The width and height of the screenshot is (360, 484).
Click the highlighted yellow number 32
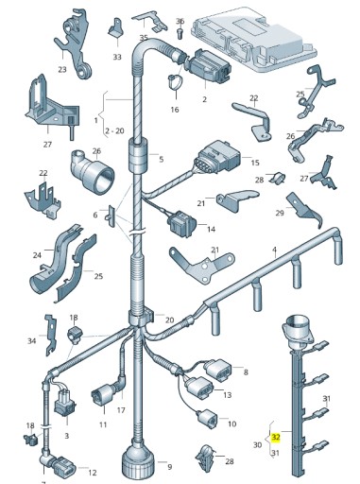pos(276,437)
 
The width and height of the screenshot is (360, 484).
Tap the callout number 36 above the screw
pos(180,22)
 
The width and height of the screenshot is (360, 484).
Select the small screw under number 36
pos(180,33)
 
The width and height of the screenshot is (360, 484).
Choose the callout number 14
pos(211,229)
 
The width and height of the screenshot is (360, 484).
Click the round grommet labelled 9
pos(138,460)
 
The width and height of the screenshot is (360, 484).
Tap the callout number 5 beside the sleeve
pos(162,160)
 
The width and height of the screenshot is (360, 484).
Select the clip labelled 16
pos(175,81)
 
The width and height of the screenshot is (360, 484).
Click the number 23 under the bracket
pos(62,69)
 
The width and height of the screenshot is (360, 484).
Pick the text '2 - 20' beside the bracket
pos(114,130)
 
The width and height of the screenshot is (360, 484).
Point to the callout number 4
pos(274,250)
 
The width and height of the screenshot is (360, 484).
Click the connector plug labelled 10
pos(207,418)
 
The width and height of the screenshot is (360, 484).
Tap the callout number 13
pos(227,395)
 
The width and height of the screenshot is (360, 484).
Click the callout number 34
pos(32,340)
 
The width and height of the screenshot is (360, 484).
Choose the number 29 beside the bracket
pos(280,213)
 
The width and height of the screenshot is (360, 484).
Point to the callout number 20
pos(170,320)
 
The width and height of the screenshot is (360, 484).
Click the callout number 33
pos(117,57)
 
